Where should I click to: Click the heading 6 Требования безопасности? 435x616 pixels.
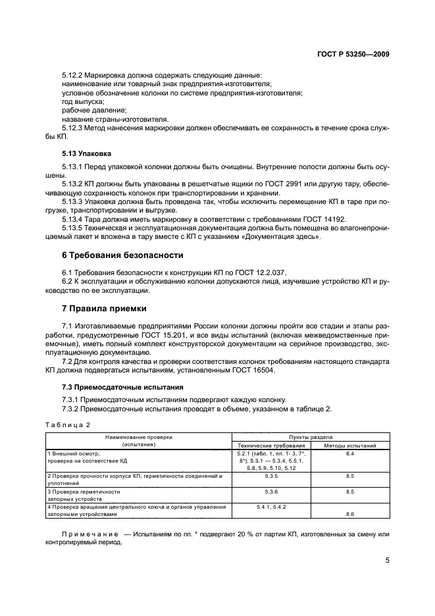[122, 255]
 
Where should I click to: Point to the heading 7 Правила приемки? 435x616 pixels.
[104, 308]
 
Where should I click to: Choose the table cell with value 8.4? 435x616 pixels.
[349, 454]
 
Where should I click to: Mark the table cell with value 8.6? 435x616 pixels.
[349, 515]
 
